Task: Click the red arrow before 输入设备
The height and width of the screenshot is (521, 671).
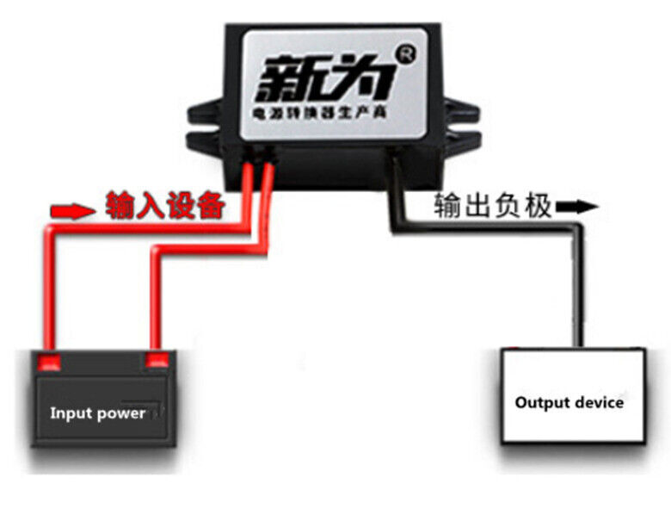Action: click(x=74, y=209)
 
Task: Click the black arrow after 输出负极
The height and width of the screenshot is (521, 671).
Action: click(x=576, y=207)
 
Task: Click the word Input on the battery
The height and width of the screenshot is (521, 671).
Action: click(x=70, y=413)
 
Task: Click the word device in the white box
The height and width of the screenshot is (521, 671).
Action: click(x=600, y=402)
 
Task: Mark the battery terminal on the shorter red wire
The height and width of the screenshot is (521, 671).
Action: click(x=156, y=358)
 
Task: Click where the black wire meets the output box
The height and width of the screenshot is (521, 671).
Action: click(x=574, y=346)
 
